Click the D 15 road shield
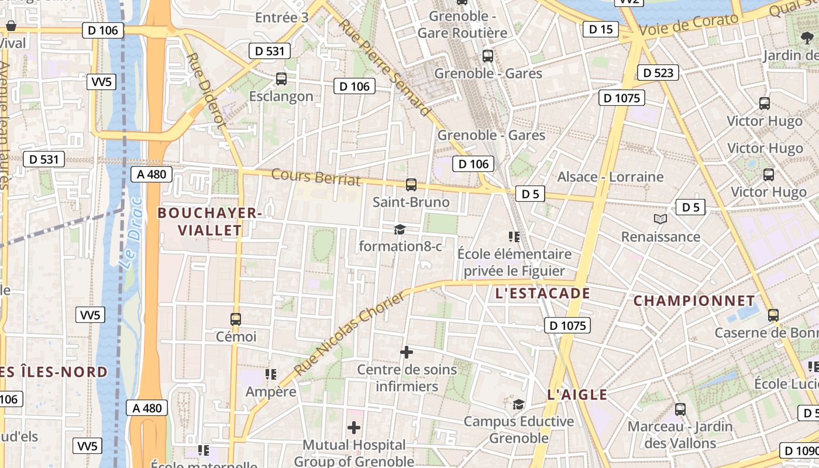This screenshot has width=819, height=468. coord(600,29)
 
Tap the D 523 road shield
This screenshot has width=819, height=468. coord(658,73)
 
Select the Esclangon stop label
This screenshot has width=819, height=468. coord(281,96)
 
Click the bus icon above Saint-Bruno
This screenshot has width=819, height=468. coord(411,185)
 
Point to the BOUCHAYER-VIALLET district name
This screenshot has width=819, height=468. coord(209,222)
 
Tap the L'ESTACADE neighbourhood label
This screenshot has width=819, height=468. coord(542,293)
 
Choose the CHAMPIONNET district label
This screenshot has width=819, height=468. coord(694,301)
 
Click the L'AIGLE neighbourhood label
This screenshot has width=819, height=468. coord(577,395)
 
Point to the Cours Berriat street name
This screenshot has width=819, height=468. coord(316,177)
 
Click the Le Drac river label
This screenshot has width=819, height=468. coord(131,233)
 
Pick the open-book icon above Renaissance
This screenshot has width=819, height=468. coord(660,219)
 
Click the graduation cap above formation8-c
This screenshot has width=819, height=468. coord(400,229)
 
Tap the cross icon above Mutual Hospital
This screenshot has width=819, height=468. coord(354,428)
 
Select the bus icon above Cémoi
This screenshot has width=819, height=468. coord(236,319)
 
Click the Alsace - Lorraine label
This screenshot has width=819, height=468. coord(610,177)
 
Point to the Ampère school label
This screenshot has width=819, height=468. coord(271,391)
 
